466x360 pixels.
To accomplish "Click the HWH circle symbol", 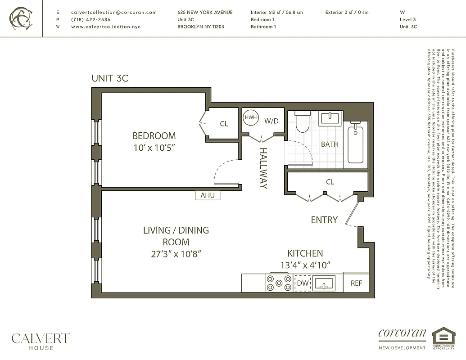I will pyautogui.click(x=250, y=118).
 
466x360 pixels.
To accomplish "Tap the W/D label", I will pyautogui.click(x=271, y=121).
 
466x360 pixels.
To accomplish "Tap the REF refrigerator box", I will pyautogui.click(x=356, y=283).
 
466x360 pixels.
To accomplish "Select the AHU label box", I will pyautogui.click(x=208, y=195).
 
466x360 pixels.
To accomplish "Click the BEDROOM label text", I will pyautogui.click(x=154, y=135).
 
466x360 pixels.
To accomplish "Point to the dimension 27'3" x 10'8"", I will pyautogui.click(x=176, y=254).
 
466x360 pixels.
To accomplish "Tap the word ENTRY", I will pyautogui.click(x=324, y=220).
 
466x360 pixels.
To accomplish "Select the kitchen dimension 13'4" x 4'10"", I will pyautogui.click(x=305, y=265).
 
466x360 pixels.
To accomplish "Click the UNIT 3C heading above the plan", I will pyautogui.click(x=110, y=78).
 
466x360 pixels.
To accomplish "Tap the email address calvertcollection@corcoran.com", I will pyautogui.click(x=114, y=13).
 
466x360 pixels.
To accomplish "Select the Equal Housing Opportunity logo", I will pyautogui.click(x=443, y=338).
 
